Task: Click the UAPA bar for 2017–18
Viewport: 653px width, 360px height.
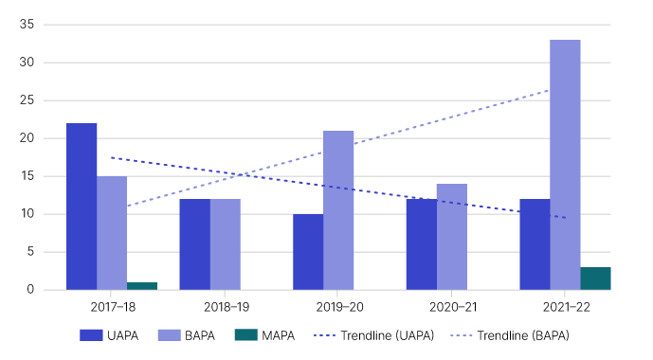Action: (82, 207)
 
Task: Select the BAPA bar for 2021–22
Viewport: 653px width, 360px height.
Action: (565, 165)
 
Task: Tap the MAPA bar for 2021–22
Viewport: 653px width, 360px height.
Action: (595, 279)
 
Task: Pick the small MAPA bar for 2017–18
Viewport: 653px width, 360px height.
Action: (142, 285)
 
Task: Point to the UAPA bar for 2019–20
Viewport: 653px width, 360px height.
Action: (308, 252)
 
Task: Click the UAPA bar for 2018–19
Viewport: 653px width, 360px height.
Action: (194, 244)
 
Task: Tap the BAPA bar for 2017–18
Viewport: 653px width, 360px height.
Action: (112, 233)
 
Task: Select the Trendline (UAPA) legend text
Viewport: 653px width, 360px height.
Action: (402, 335)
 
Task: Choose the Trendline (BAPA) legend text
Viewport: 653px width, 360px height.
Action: (523, 335)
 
